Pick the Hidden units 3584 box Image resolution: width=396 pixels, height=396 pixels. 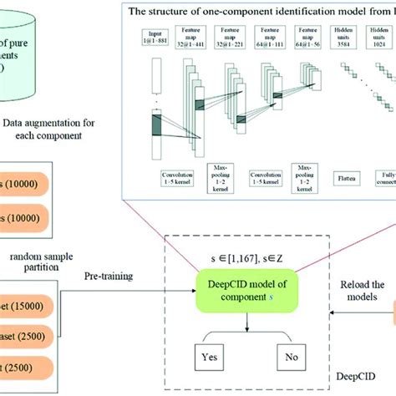pos(343,38)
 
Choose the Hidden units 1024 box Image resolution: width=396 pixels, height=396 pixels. pos(381,38)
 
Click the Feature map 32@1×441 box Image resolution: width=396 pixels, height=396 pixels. pos(190,38)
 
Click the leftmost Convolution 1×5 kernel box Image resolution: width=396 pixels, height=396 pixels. pos(153,177)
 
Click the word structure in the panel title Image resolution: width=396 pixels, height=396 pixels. pos(164,11)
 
